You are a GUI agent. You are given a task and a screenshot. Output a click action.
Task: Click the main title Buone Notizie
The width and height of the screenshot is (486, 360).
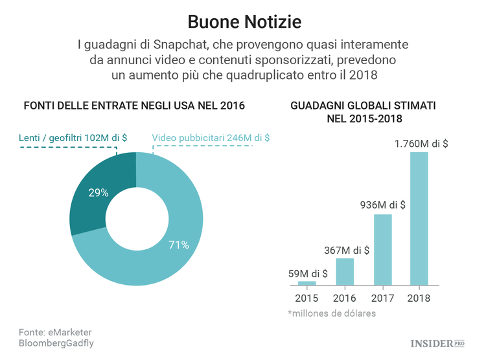tap(244, 22)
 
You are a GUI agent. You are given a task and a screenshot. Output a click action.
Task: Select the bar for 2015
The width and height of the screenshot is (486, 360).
tap(307, 283)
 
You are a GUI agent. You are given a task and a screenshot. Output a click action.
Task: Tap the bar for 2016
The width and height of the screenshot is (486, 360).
tap(344, 272)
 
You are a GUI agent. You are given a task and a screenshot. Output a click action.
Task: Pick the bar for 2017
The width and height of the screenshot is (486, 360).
tap(382, 250)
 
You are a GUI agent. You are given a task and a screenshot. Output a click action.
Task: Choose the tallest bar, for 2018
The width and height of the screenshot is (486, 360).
tap(419, 219)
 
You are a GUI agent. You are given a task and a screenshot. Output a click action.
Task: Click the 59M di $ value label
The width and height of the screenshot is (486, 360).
tap(308, 273)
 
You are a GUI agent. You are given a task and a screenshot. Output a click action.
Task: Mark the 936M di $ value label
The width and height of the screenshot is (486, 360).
tap(383, 205)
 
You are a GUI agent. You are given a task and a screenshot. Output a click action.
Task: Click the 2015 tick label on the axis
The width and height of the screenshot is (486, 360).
tap(307, 298)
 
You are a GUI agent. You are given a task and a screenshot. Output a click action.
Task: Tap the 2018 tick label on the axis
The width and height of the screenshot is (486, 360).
tap(419, 298)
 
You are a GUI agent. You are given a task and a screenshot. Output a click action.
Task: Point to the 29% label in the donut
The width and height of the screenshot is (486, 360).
tap(98, 192)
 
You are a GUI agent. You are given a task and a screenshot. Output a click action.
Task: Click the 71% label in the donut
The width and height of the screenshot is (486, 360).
tap(179, 245)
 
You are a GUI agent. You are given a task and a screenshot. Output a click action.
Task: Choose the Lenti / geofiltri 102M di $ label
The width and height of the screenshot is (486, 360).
tap(72, 137)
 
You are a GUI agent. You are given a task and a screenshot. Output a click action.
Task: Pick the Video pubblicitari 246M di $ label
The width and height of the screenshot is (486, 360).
tap(211, 137)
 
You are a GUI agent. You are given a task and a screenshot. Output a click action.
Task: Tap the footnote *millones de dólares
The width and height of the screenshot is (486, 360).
tap(332, 313)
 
